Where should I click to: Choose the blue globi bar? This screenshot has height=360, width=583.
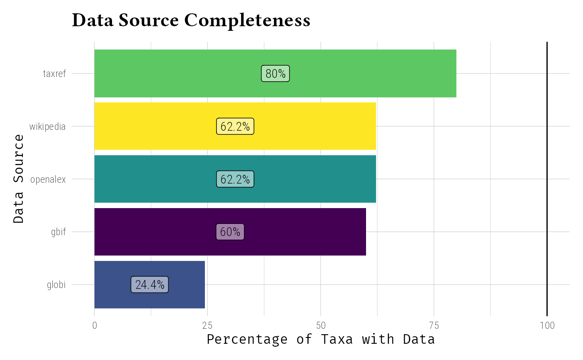tap(187, 285)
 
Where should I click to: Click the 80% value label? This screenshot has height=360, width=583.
tap(275, 74)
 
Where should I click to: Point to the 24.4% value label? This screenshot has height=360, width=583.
tap(149, 285)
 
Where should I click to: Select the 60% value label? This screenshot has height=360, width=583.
tap(230, 232)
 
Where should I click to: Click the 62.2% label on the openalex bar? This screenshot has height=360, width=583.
tap(235, 179)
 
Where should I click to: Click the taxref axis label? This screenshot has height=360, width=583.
tap(55, 74)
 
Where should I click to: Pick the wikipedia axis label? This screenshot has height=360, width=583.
tap(47, 127)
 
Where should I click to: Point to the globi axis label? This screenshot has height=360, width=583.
tap(56, 285)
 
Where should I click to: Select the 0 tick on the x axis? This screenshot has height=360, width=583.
tap(95, 325)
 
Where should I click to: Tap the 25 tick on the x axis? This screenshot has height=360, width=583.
tap(208, 325)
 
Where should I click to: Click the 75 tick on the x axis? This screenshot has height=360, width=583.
tap(434, 325)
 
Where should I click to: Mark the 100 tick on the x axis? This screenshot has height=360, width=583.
tap(547, 325)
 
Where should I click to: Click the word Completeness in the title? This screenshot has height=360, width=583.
tap(247, 20)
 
